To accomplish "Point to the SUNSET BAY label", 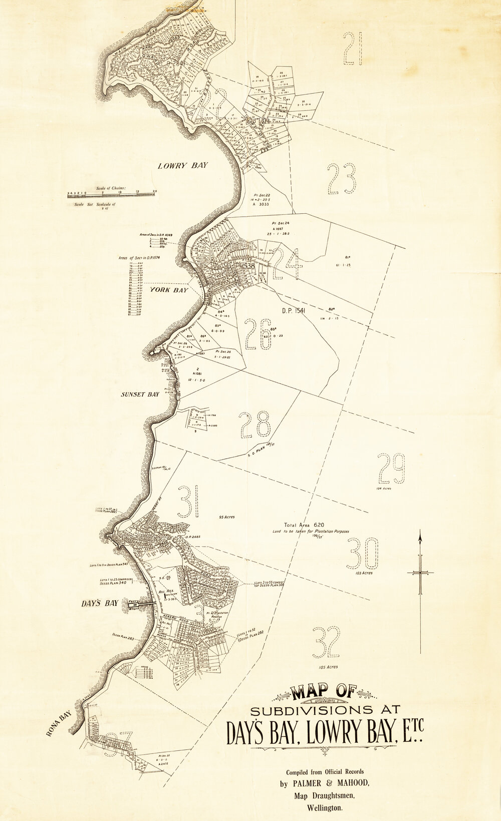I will [140, 394].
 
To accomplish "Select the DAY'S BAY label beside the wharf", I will [100, 603].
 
